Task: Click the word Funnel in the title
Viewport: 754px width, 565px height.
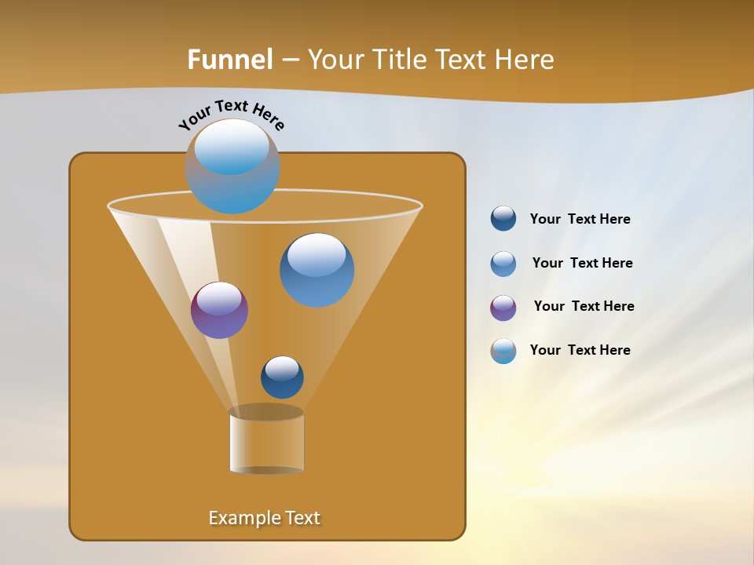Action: (x=230, y=60)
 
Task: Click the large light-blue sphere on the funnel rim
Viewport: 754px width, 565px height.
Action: (x=232, y=166)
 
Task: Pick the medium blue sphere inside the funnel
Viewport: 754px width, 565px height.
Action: (x=317, y=270)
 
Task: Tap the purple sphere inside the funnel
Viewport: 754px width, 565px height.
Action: (x=219, y=310)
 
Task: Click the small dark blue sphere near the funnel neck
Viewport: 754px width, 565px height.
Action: (x=282, y=377)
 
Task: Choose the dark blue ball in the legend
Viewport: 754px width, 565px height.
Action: (x=503, y=219)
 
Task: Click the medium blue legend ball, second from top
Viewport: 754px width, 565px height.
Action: (x=503, y=264)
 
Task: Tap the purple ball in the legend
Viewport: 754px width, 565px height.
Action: (x=503, y=308)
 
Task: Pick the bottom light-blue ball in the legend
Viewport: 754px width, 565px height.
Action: (x=503, y=351)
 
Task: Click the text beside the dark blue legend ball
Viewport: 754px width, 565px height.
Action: (x=580, y=220)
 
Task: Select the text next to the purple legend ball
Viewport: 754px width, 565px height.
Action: (x=584, y=307)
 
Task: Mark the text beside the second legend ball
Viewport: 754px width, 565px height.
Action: (x=582, y=264)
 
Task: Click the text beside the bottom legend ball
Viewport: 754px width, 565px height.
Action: (x=580, y=350)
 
